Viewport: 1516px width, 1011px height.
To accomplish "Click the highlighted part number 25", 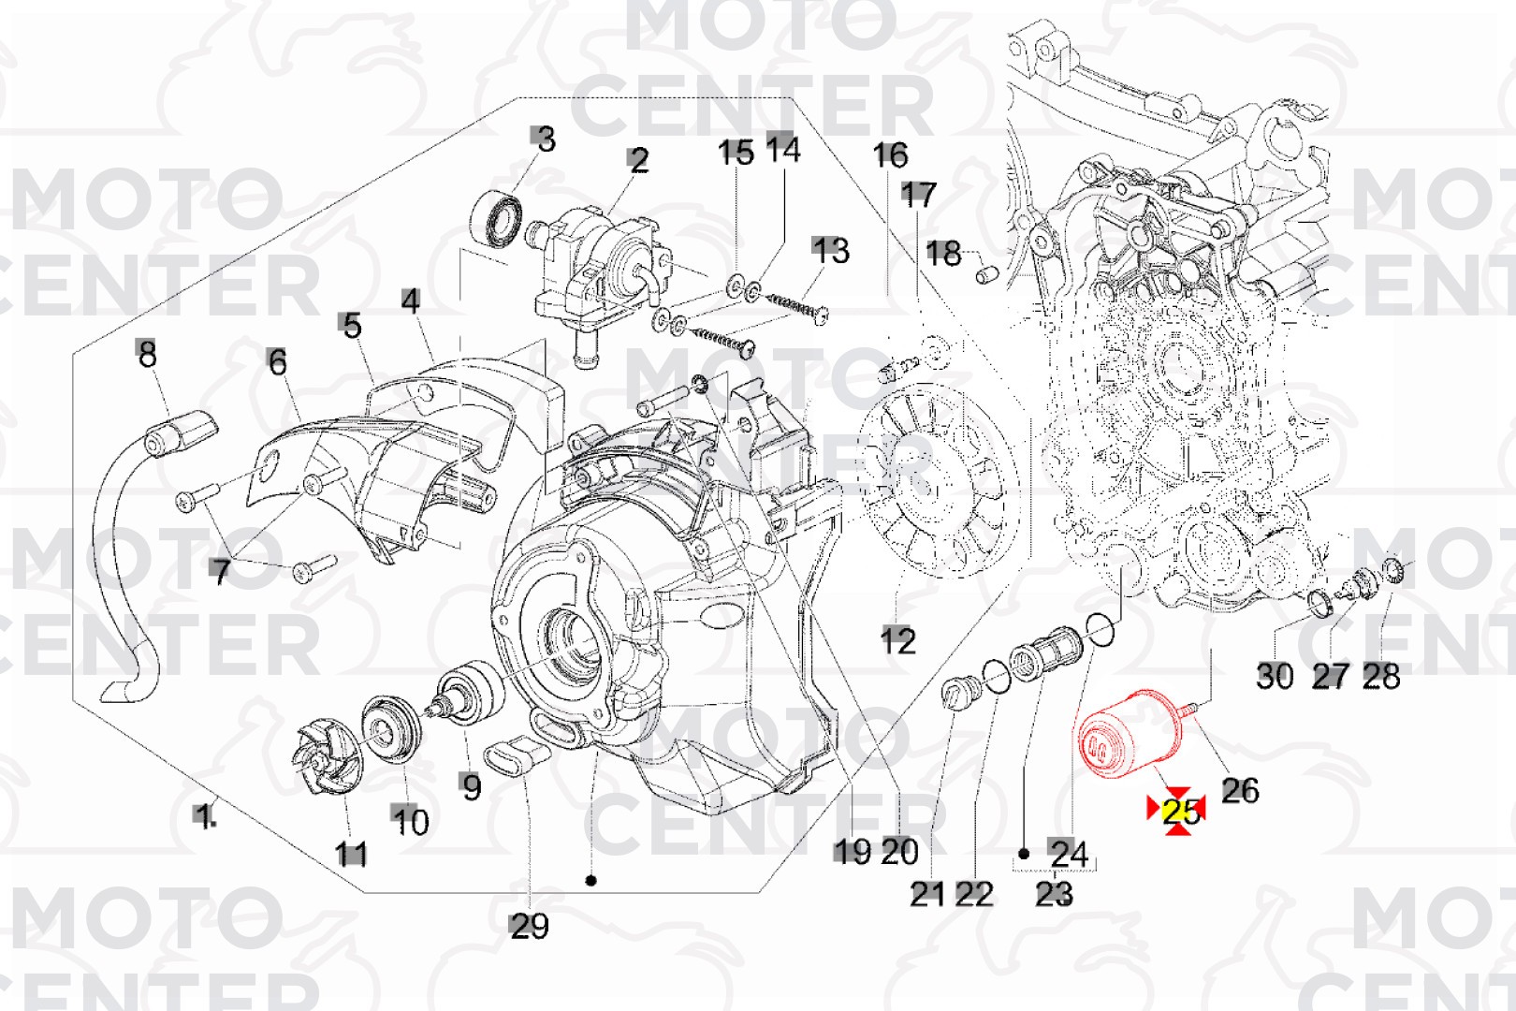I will click(x=1181, y=811).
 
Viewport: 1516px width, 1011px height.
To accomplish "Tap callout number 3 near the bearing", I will click(x=545, y=139).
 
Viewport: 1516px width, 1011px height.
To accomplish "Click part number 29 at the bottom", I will click(x=529, y=926).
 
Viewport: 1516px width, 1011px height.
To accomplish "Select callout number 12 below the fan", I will click(x=897, y=641).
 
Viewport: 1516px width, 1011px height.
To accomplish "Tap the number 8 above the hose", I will click(x=147, y=354).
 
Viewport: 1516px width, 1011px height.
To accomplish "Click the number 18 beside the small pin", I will click(x=943, y=253).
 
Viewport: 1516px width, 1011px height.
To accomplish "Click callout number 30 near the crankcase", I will click(x=1275, y=676).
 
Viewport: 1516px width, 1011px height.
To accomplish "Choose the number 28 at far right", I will click(x=1381, y=676).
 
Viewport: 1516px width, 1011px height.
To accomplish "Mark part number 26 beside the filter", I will click(x=1240, y=790).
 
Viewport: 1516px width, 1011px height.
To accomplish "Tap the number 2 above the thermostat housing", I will click(x=638, y=160).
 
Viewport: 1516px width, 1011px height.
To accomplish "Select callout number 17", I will click(x=918, y=195).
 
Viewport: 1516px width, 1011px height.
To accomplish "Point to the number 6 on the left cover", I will click(x=277, y=362).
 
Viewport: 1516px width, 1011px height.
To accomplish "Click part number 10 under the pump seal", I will click(x=410, y=821).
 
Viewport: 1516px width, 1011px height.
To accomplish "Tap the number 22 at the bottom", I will click(x=973, y=894).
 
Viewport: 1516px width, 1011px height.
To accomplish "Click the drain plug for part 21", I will click(x=958, y=695).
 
